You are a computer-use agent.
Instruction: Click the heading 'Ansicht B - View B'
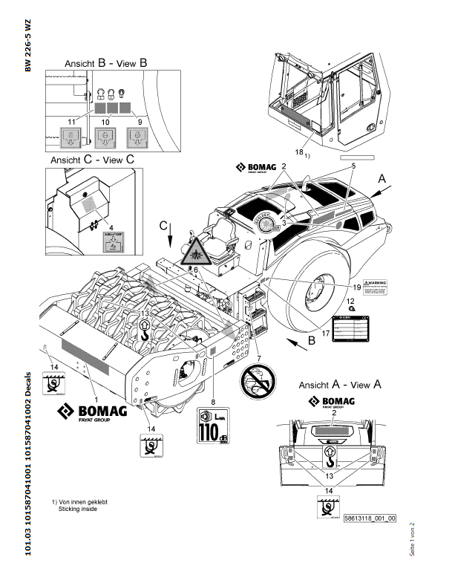[x=105, y=63]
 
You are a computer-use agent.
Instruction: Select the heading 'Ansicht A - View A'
[x=340, y=385]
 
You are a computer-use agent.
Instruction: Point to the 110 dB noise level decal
[x=213, y=426]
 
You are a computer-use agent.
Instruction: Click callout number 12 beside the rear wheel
[x=350, y=300]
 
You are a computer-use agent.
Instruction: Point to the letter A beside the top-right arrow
[x=382, y=179]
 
